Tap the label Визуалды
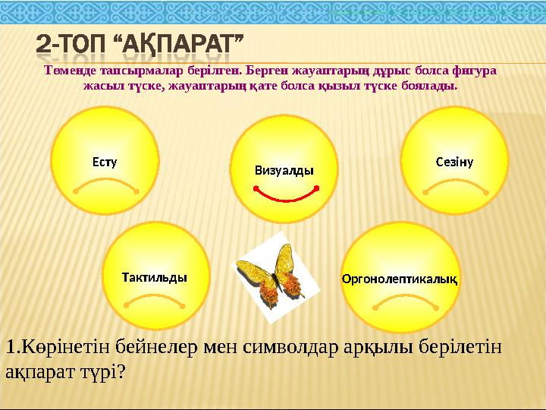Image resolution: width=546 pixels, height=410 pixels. pos(284,171)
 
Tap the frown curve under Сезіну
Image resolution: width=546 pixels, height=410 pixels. pos(453,186)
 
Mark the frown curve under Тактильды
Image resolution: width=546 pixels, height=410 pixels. pos(155,301)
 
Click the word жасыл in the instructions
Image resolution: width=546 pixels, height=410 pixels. pos(98,84)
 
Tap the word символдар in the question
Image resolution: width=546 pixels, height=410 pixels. pos(287,347)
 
